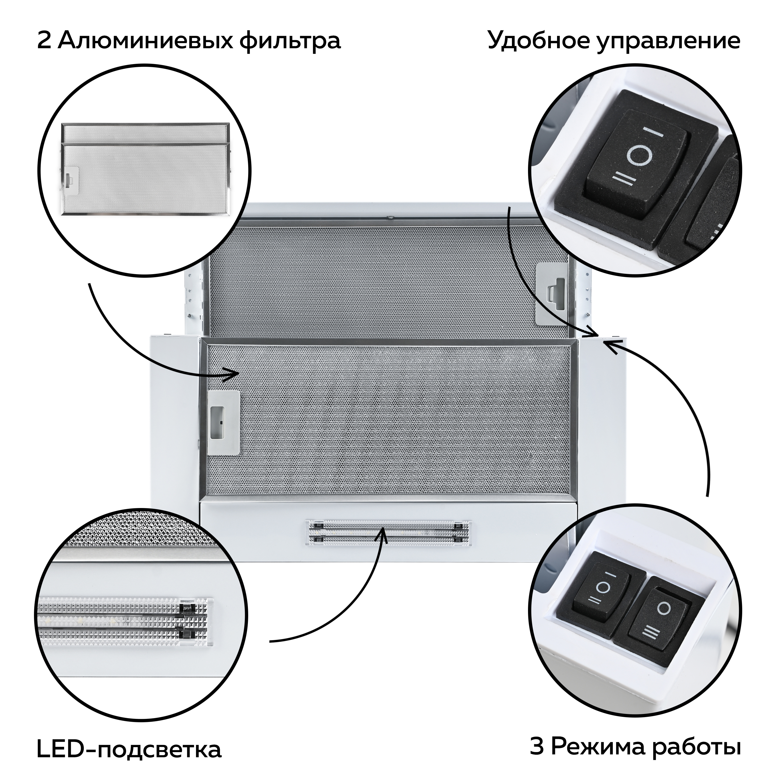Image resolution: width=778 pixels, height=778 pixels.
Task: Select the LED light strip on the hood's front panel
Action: click(387, 532)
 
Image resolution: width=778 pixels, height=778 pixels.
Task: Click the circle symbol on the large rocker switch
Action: click(638, 156)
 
